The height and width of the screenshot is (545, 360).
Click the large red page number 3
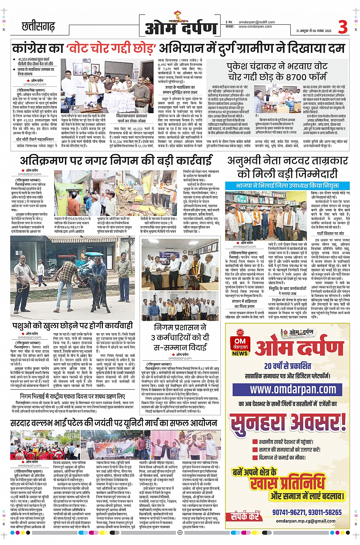coord(343,26)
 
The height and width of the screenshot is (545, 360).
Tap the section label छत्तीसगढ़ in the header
coord(38,27)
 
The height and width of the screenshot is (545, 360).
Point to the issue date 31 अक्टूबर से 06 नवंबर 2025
coord(314,31)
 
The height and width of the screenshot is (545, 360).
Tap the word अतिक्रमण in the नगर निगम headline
coord(42,160)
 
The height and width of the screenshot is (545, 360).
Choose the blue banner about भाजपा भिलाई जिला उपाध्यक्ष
coord(287,185)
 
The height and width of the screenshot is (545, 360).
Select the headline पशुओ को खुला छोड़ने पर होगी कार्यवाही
coord(72,325)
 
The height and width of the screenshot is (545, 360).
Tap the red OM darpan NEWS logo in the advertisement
coord(240,344)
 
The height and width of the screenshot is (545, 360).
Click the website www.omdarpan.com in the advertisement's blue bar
coord(293,389)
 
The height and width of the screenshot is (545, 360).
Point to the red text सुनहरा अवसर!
coord(288,422)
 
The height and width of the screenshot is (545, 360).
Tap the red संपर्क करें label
coord(245,516)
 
